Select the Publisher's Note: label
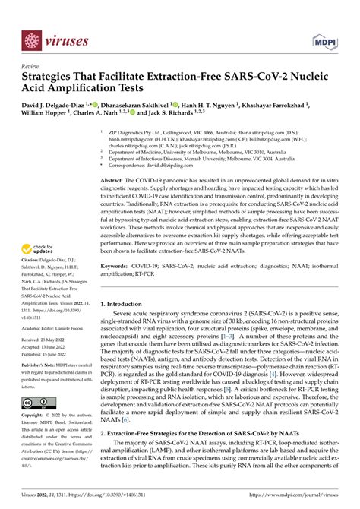(46, 386)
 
